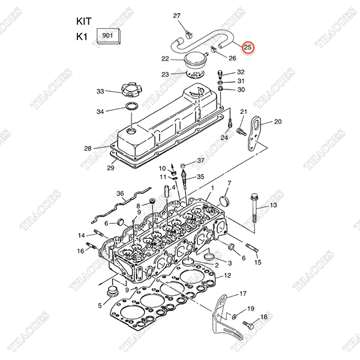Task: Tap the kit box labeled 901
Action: coord(109,36)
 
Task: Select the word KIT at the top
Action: coord(85,20)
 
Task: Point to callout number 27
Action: coord(177,16)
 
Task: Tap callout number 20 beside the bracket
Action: coord(277,122)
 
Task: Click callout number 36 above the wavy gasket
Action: coord(120,193)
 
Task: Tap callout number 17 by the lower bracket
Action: coord(243,293)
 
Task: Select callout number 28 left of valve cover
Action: coord(88,148)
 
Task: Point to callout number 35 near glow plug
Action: coord(200,176)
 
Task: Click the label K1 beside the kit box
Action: coord(82,37)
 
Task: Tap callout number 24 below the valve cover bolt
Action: coord(224,137)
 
